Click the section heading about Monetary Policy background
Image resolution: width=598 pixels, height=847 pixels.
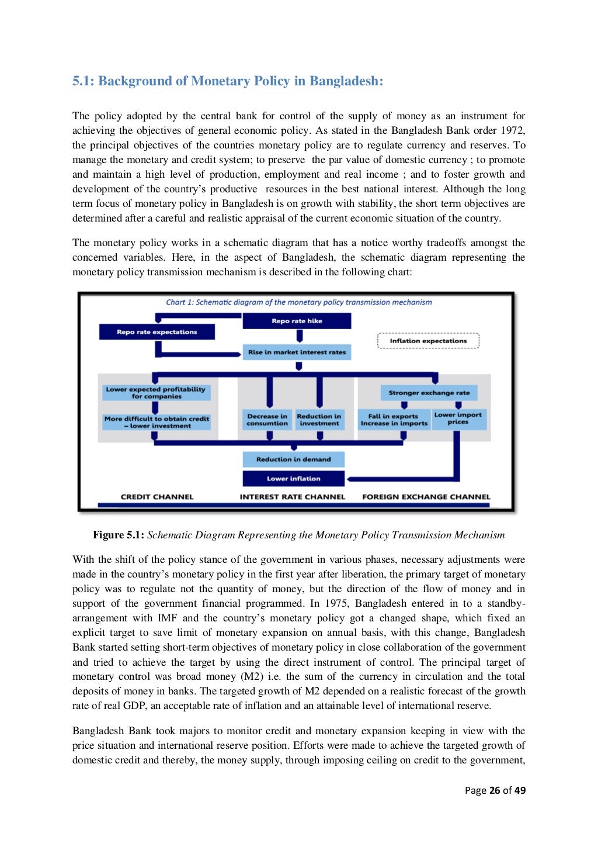228,81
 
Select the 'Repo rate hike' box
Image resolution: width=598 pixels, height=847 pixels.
297,321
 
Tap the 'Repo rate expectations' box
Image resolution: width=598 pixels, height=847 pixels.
157,332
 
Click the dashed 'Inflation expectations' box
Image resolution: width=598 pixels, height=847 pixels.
428,341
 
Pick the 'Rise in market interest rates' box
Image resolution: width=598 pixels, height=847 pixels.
297,352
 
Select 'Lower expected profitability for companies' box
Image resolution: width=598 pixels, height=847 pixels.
156,393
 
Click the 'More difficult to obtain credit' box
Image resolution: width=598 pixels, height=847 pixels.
156,422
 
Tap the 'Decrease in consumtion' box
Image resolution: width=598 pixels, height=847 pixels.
267,420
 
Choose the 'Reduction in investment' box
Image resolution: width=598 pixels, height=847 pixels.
319,420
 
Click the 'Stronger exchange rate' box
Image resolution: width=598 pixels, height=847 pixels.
429,393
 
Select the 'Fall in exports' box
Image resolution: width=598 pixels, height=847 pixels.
394,420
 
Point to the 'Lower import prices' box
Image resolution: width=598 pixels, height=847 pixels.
458,419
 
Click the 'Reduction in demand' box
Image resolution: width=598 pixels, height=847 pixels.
293,459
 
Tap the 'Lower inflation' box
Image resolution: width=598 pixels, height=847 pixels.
293,479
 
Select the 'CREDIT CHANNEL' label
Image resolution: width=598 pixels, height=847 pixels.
157,497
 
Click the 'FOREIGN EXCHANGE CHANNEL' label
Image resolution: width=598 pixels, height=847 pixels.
426,497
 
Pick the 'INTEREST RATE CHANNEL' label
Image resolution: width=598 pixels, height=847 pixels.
292,497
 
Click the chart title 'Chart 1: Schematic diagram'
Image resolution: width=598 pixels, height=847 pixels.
298,302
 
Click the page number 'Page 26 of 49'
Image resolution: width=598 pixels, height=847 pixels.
495,790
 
